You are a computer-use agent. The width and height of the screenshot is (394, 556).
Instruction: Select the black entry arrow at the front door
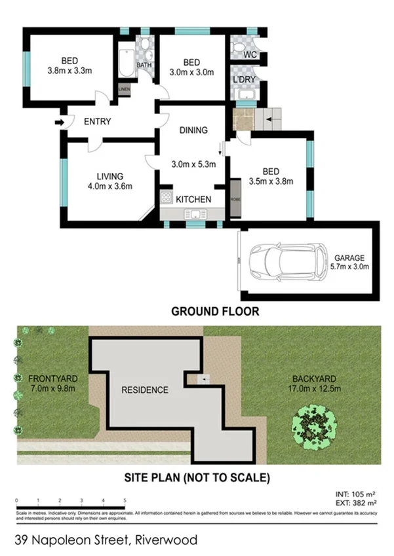pos(60,122)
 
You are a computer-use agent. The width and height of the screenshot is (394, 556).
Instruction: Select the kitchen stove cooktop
pos(167,199)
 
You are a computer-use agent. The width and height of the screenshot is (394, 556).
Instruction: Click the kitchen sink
pos(195,213)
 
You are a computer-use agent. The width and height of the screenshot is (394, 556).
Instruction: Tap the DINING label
pos(193,130)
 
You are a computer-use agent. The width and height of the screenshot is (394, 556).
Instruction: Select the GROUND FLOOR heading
pos(215,312)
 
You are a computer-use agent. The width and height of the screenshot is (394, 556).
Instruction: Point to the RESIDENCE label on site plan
pos(144,390)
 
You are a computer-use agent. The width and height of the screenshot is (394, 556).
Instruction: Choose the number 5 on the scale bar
pos(124,500)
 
